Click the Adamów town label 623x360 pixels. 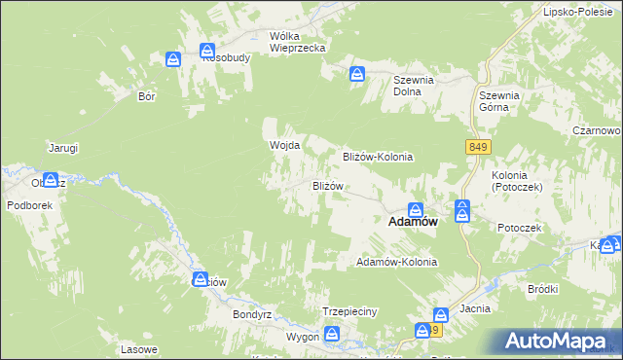click(x=412, y=222)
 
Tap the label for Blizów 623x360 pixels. click(x=327, y=185)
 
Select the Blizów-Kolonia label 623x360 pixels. click(x=378, y=156)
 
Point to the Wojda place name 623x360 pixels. click(x=283, y=145)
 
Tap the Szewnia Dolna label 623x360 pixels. click(x=413, y=86)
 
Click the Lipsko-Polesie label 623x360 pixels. click(x=576, y=13)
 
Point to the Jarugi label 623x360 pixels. click(x=63, y=148)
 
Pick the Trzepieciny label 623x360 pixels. click(x=348, y=311)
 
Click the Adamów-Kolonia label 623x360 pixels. click(x=397, y=263)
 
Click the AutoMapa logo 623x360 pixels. click(x=559, y=342)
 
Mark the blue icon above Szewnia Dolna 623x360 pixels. click(x=358, y=72)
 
